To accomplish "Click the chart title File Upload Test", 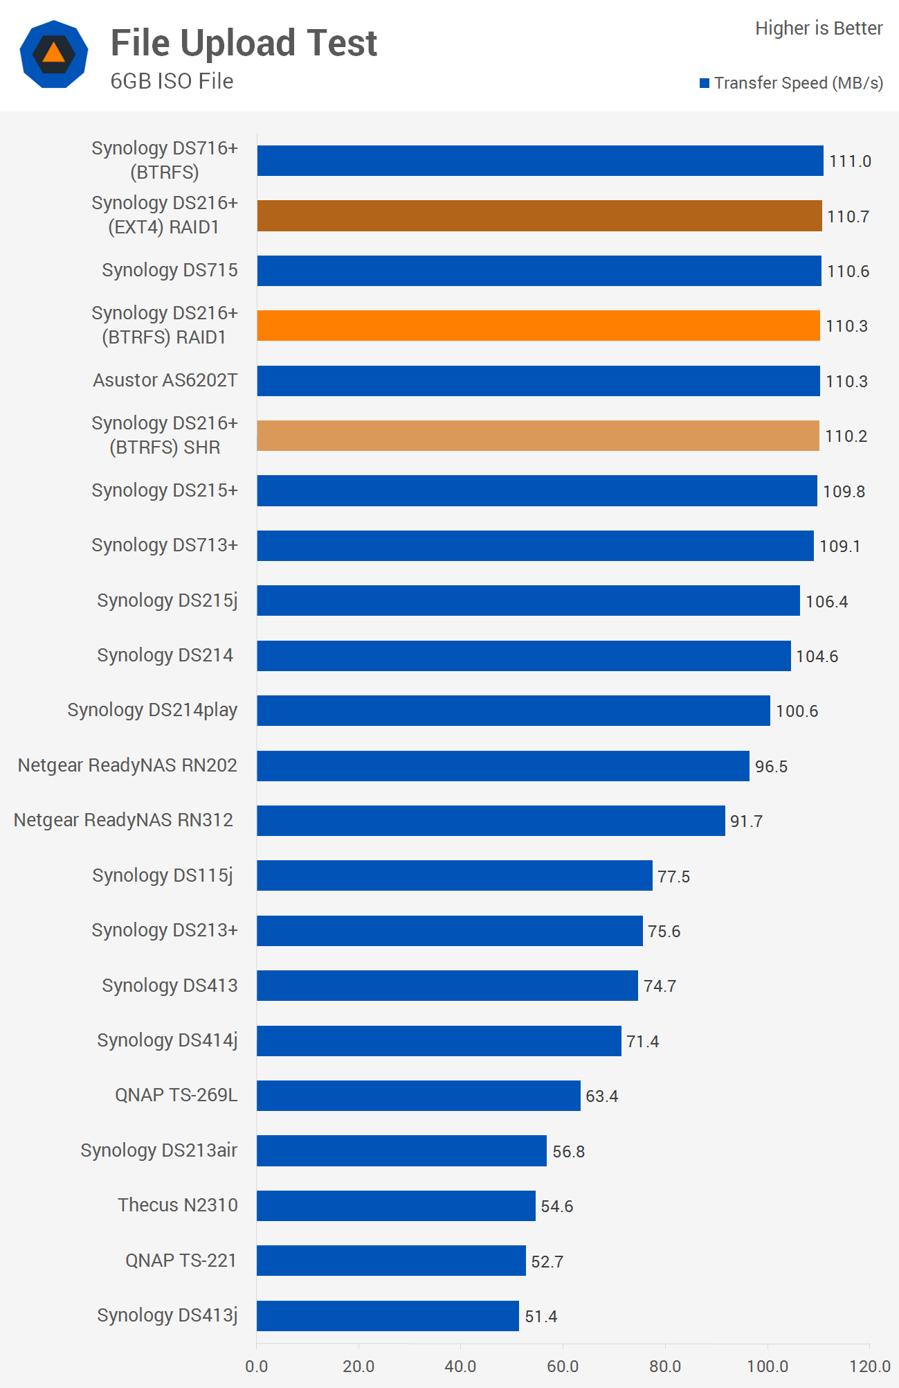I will click(x=244, y=43).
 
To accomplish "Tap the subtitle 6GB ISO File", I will click(x=172, y=81).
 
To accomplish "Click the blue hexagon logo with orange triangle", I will click(x=54, y=54).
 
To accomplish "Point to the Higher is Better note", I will click(x=818, y=28).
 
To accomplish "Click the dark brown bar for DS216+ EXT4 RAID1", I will click(x=539, y=216).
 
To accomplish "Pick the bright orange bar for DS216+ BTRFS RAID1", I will click(x=538, y=326).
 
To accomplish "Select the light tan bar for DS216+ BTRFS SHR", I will click(x=538, y=436).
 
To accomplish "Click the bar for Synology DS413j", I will click(x=388, y=1316).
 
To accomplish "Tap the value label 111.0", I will click(x=850, y=161).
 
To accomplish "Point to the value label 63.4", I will click(x=601, y=1096).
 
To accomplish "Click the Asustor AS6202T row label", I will click(x=165, y=380).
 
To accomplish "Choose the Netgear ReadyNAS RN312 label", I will click(x=123, y=820).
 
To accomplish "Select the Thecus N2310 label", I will click(x=177, y=1205).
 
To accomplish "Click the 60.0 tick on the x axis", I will click(x=563, y=1367).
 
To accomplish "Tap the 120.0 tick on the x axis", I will click(x=869, y=1367).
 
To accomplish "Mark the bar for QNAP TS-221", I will click(x=391, y=1261).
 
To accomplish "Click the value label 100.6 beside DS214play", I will click(x=797, y=711).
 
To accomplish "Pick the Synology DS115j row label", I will click(x=163, y=875).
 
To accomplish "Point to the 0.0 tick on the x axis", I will click(x=257, y=1367).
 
